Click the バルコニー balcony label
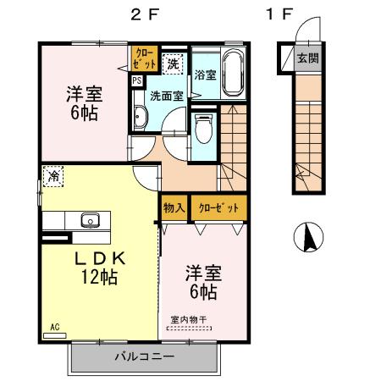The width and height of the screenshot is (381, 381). (144, 357)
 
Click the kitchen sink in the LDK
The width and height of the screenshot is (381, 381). (90, 221)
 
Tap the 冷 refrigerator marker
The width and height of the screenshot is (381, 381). (52, 177)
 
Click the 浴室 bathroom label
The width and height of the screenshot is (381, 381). (204, 75)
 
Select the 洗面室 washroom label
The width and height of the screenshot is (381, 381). (166, 97)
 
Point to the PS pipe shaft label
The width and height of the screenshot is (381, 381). (135, 81)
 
